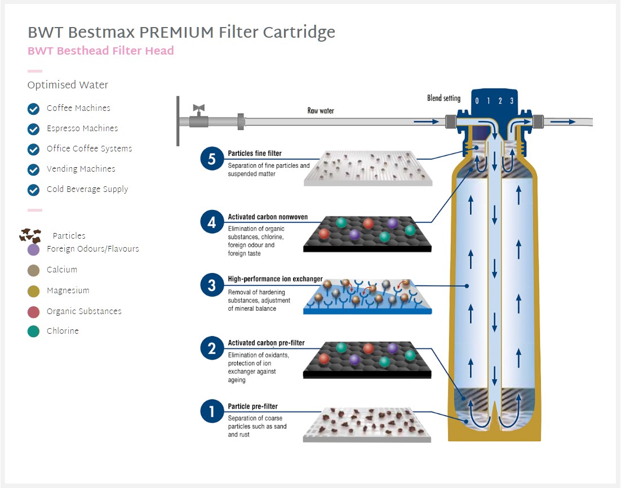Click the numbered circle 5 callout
(211, 159)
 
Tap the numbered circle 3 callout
(211, 285)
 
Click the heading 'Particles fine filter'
(255, 153)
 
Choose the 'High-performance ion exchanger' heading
(275, 279)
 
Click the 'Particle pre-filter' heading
(252, 406)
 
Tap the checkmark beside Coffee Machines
(34, 109)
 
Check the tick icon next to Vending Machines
(34, 169)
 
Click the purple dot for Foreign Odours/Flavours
(34, 249)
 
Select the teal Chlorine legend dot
(34, 332)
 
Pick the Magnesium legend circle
(34, 291)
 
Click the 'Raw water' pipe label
(321, 111)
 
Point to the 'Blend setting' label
(443, 99)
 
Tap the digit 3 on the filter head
(511, 101)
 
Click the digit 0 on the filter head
(477, 101)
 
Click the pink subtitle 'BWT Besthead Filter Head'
(101, 51)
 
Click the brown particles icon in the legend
(30, 236)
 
